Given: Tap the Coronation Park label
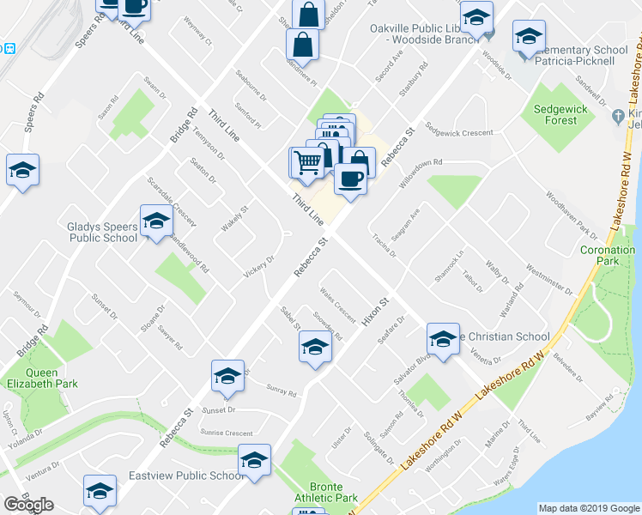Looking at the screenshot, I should [607, 256].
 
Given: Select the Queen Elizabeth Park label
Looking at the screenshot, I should [30, 379].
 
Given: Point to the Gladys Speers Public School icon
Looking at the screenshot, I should [156, 223].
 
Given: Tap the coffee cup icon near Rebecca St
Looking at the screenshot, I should [350, 179].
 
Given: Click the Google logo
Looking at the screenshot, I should [29, 505].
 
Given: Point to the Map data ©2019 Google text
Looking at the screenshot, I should [588, 508].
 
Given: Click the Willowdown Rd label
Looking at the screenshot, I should [416, 163].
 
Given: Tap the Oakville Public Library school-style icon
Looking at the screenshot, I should [476, 15].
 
